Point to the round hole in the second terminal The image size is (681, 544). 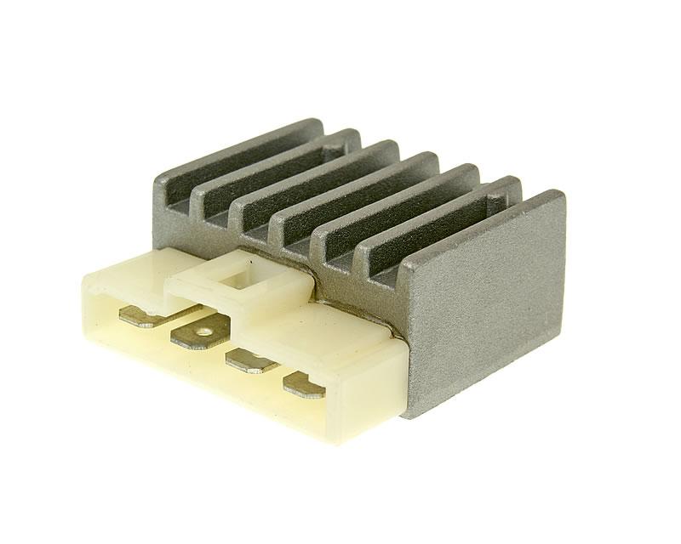[203, 331]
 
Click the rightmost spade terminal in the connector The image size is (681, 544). [305, 387]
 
